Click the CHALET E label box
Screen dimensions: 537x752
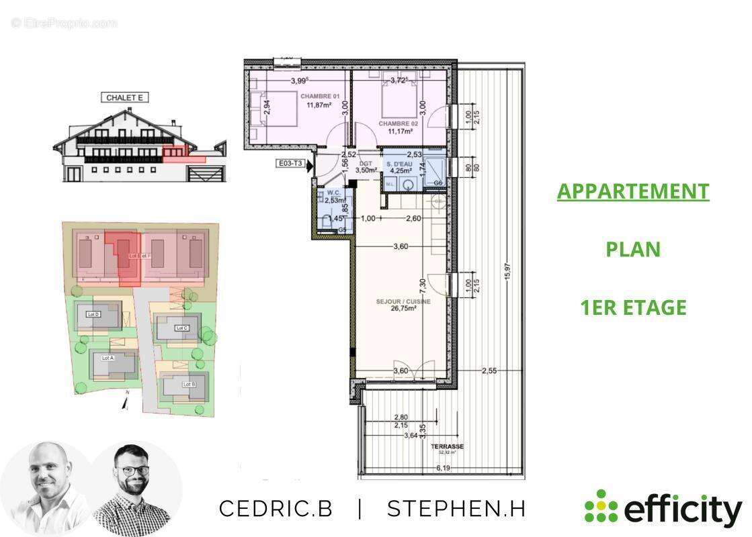coord(125,97)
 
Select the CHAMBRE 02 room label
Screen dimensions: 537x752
coord(399,124)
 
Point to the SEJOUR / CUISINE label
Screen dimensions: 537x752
coord(403,302)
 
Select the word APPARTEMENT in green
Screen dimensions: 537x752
coord(632,191)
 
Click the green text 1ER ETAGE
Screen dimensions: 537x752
coord(633,307)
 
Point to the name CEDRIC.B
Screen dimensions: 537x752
coord(276,509)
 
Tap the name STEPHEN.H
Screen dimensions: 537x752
coord(456,509)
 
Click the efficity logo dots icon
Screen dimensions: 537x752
coord(599,506)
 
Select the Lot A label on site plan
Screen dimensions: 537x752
coord(108,358)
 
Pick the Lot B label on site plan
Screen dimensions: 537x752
coord(189,384)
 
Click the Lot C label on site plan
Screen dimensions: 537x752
coord(181,328)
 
